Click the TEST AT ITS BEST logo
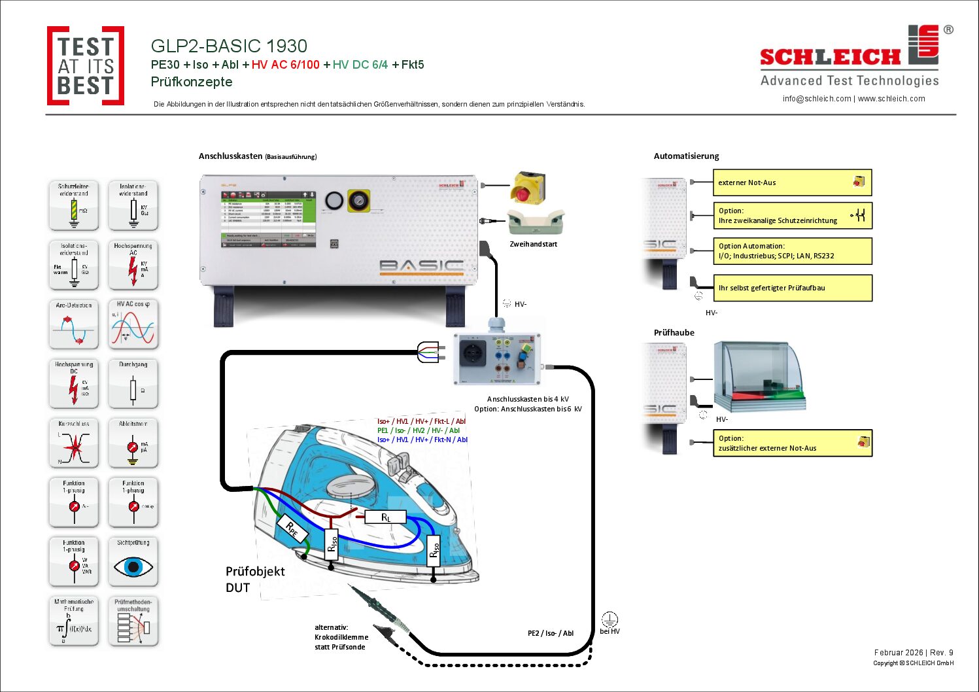point(85,66)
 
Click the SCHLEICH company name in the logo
point(830,57)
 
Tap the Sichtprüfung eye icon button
point(133,562)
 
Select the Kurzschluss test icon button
point(74,443)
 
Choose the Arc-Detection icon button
point(74,324)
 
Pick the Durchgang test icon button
point(133,384)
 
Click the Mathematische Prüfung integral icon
point(74,621)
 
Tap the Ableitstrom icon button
point(133,443)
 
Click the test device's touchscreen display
point(268,219)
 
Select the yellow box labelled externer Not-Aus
point(792,182)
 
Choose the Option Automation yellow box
point(792,251)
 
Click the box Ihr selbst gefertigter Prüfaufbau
point(792,288)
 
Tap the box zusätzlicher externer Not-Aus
point(792,443)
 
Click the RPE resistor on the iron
point(292,529)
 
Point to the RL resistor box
point(386,517)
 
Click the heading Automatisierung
point(686,156)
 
